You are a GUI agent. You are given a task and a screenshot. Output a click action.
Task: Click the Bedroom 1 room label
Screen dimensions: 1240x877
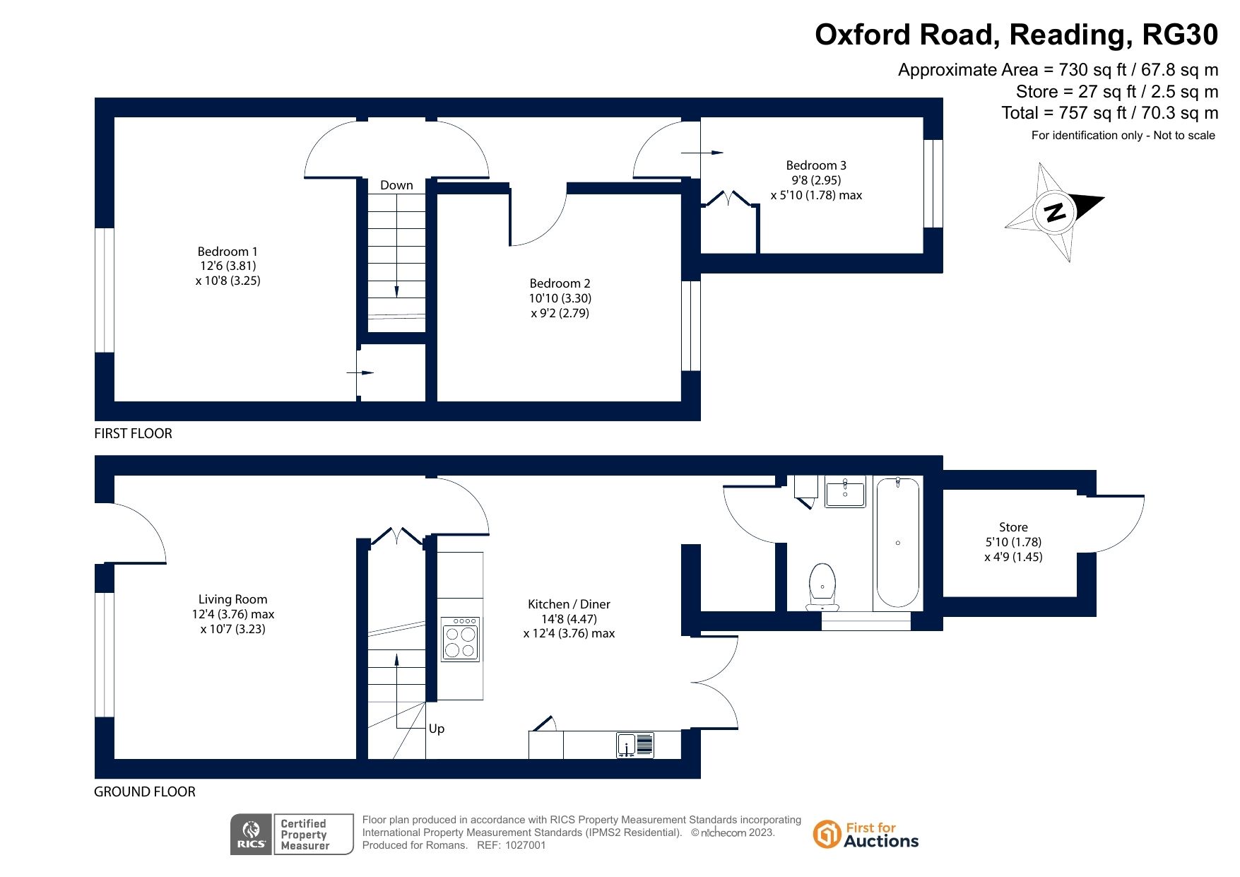tap(228, 252)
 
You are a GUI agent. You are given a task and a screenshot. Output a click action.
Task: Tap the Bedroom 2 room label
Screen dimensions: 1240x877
tap(560, 283)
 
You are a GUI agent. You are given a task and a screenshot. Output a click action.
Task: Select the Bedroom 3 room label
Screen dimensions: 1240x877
tap(816, 165)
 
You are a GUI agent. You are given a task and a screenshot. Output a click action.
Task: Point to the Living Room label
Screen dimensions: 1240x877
tap(232, 599)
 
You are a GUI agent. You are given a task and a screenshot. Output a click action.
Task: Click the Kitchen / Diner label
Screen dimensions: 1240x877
tap(569, 604)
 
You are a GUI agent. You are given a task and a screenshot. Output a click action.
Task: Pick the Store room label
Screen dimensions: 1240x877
tap(1013, 527)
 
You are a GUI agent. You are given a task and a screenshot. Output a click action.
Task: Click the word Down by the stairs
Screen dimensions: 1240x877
tap(396, 185)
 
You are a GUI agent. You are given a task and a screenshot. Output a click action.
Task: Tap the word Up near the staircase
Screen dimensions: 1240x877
tap(437, 729)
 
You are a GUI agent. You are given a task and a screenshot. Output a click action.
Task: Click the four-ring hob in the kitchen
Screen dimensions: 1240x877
tap(461, 640)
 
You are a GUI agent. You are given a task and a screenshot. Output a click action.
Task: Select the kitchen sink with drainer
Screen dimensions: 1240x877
tap(635, 745)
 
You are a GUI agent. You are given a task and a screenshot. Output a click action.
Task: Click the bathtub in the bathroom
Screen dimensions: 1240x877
tap(898, 542)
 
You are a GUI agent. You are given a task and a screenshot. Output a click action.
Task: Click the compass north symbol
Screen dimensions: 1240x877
tap(1054, 211)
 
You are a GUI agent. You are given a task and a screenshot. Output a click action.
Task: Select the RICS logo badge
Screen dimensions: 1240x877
tap(252, 835)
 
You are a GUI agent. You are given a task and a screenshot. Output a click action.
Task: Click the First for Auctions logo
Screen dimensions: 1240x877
tap(866, 835)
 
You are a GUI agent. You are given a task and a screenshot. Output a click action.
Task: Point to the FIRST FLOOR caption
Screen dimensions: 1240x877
tap(133, 433)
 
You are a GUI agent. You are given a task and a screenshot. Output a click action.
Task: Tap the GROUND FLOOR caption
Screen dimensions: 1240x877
tap(145, 791)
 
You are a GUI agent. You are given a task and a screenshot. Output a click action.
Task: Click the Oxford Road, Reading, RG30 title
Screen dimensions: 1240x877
tap(1016, 35)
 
